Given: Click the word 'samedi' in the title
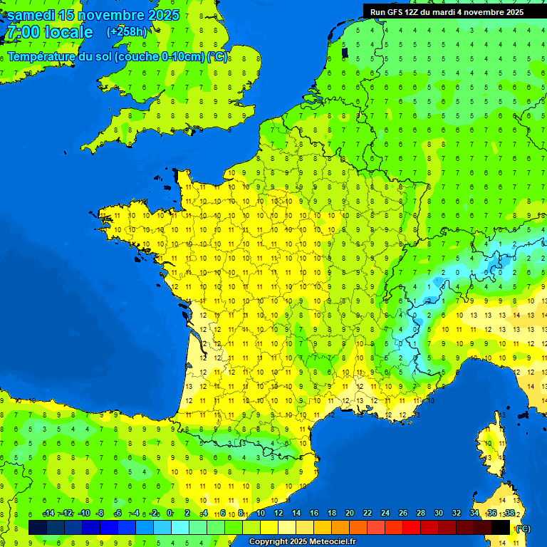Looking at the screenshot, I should [30, 15].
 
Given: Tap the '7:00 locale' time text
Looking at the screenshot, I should [49, 32].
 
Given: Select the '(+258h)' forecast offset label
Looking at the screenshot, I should [127, 32].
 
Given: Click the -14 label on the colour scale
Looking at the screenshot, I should [48, 514].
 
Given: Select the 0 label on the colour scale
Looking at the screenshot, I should [169, 514].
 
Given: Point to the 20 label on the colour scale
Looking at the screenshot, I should [349, 514].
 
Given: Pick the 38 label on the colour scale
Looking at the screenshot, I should [509, 514].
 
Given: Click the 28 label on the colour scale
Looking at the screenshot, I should [420, 514].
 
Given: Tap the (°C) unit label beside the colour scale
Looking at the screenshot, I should [523, 528].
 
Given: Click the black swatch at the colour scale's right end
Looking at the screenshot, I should [501, 527].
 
